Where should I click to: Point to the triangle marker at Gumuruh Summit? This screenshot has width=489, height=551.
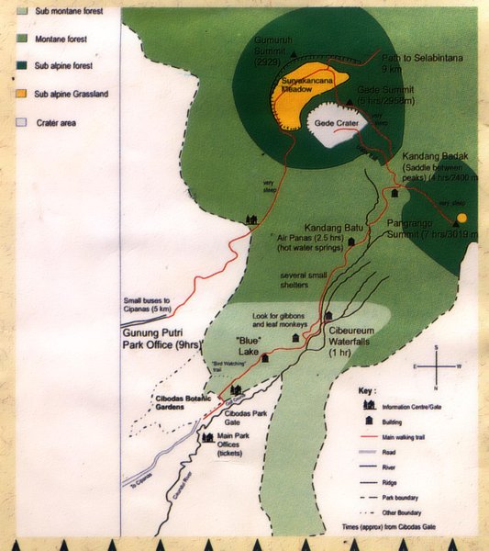pyautogui.click(x=293, y=55)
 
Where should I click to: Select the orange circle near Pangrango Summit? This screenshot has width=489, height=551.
pyautogui.click(x=461, y=218)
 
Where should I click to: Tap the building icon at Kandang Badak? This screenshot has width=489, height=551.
pyautogui.click(x=395, y=193)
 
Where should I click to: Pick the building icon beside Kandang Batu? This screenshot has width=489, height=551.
pyautogui.click(x=350, y=241)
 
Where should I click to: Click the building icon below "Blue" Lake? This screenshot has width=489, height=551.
pyautogui.click(x=265, y=357)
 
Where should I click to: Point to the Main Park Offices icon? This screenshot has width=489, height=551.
pyautogui.click(x=207, y=437)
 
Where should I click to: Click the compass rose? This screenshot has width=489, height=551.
pyautogui.click(x=438, y=366)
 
